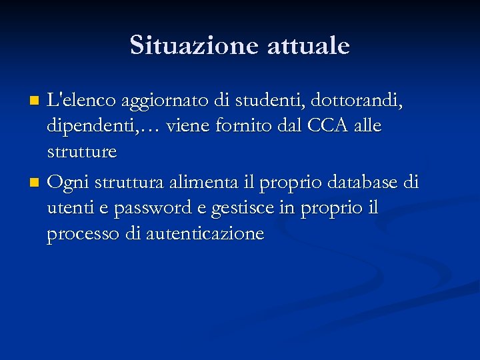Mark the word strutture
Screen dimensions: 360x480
coord(82,152)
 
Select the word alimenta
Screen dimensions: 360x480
coord(199,181)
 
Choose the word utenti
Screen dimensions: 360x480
coord(68,208)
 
